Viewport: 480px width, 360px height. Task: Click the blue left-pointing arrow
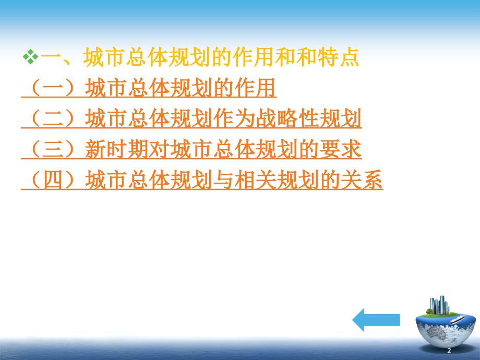376,319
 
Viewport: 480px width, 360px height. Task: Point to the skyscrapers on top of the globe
439,306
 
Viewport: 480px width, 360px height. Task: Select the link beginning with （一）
149,89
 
